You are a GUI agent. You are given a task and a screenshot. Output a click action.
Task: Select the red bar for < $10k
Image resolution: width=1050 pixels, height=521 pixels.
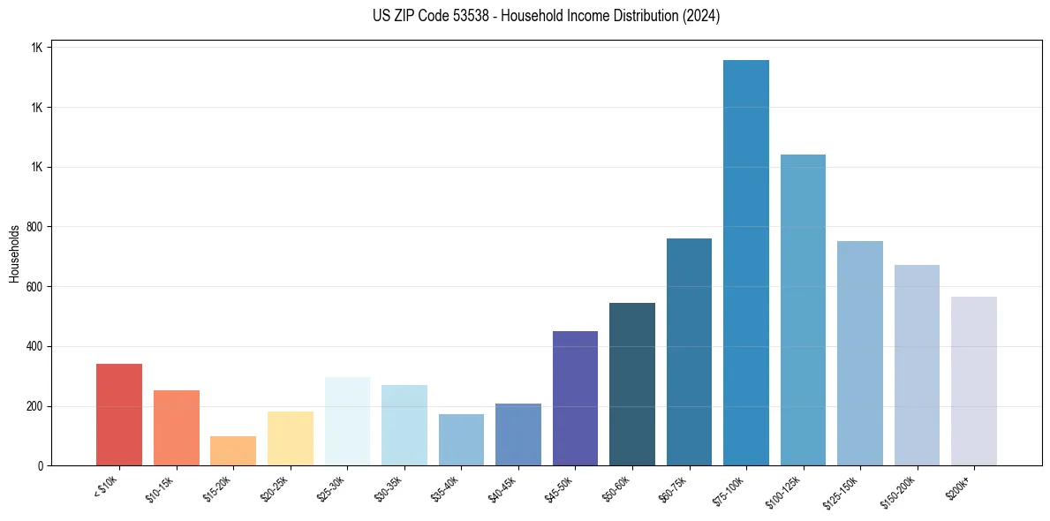coord(119,414)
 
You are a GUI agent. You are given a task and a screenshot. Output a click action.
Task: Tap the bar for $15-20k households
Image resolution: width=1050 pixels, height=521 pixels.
coord(233,450)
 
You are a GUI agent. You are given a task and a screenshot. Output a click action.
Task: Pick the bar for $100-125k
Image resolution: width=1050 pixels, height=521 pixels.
coord(803,310)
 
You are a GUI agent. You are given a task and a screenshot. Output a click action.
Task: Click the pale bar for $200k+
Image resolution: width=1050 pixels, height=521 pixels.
coord(973,381)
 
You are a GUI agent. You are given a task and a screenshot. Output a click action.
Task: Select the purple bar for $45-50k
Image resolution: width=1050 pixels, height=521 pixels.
coord(575,398)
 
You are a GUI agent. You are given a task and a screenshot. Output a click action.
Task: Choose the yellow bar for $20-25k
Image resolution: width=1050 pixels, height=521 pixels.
coord(291,438)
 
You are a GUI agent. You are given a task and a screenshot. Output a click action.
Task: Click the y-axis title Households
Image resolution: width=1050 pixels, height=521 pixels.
coord(14,253)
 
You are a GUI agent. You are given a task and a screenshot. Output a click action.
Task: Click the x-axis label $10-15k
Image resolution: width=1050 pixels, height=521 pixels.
coord(161,489)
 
